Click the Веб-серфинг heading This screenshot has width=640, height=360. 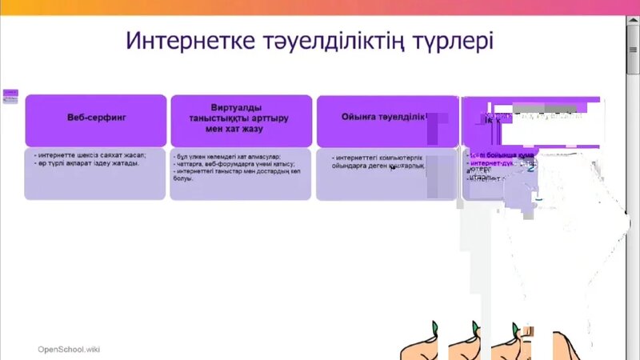(96, 117)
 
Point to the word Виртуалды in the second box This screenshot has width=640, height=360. (241, 107)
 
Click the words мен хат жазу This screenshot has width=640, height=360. (241, 128)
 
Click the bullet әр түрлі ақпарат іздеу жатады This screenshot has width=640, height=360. (87, 163)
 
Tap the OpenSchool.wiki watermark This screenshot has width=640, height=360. (69, 350)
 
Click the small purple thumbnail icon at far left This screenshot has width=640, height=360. (10, 95)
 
